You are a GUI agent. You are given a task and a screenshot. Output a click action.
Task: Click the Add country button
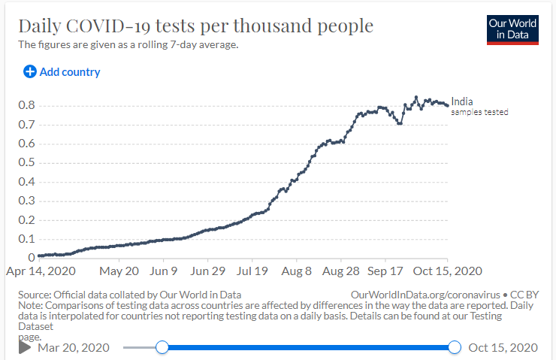pyautogui.click(x=62, y=72)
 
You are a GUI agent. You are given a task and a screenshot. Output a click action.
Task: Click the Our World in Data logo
pyautogui.click(x=512, y=29)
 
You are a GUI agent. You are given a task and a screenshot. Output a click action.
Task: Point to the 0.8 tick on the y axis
pyautogui.click(x=26, y=105)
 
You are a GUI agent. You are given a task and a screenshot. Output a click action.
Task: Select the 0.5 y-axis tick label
pyautogui.click(x=26, y=162)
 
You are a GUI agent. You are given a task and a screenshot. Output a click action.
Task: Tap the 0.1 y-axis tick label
pyautogui.click(x=26, y=239)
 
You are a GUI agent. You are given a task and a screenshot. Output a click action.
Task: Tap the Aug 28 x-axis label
pyautogui.click(x=342, y=271)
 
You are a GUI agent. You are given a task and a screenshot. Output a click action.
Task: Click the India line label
pyautogui.click(x=462, y=101)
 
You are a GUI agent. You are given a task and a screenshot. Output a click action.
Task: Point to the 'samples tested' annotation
pyautogui.click(x=480, y=112)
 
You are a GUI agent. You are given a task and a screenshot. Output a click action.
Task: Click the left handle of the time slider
pyautogui.click(x=162, y=346)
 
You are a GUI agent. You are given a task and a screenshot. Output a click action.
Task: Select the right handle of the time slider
pyautogui.click(x=454, y=346)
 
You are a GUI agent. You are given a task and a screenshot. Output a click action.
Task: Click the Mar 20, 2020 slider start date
pyautogui.click(x=74, y=347)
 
